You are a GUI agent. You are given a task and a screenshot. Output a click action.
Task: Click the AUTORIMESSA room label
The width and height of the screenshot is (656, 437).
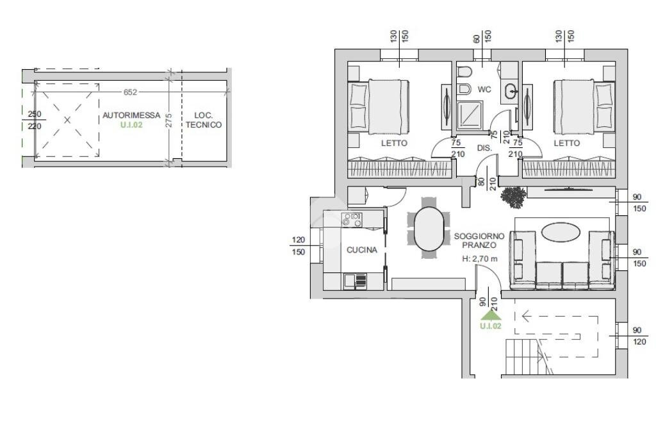point(131,115)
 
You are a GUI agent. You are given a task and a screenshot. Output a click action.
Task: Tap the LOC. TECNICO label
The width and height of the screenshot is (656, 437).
point(204,120)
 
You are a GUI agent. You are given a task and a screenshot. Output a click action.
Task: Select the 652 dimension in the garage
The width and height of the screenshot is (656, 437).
point(130,92)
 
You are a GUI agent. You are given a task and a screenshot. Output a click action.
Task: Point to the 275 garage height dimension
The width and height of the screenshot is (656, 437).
point(168,120)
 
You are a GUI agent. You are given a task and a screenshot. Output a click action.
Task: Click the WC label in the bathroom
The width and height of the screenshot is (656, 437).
point(484,90)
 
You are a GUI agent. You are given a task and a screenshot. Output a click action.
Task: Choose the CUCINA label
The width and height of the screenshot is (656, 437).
point(362,250)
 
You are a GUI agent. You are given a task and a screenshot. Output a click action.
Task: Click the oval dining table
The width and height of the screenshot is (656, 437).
point(429,229)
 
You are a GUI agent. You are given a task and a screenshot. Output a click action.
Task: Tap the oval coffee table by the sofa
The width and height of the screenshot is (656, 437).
point(561,232)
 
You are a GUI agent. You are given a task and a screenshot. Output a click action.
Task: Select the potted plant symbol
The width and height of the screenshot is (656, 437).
point(513,197)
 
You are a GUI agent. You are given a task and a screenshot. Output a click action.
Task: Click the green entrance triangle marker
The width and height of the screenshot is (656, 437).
point(490,315)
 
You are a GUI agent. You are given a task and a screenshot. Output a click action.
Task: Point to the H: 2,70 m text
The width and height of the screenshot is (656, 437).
point(480,259)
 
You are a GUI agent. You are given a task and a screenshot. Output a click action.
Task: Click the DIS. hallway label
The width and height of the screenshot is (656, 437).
point(484,148)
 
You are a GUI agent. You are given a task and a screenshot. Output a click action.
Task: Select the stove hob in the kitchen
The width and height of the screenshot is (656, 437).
point(352,219)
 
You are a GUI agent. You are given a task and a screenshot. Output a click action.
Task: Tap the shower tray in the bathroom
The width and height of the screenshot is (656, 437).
point(470,115)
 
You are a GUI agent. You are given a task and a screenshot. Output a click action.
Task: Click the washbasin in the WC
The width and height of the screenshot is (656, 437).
point(511,91)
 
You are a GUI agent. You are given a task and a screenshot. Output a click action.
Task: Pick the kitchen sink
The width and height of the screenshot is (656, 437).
point(355,281)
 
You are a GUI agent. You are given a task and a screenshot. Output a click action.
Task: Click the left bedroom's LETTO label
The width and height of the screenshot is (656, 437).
point(394,143)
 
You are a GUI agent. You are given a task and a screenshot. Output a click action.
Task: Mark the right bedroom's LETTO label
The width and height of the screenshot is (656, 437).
point(567,143)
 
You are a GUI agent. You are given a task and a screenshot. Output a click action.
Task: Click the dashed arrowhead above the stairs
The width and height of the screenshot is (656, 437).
point(527,316)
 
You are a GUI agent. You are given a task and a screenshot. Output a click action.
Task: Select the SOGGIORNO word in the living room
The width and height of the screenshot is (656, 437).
point(479,236)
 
